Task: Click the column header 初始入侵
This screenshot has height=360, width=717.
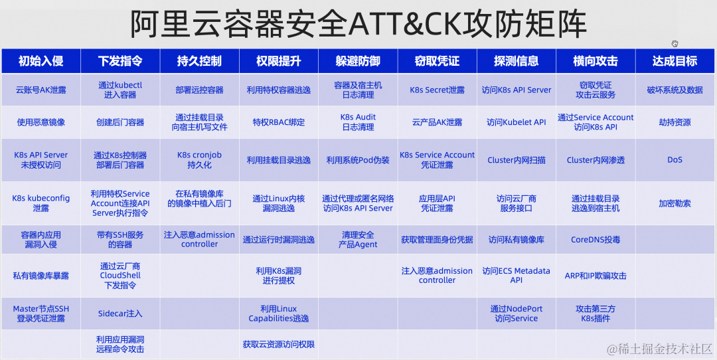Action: (x=40, y=61)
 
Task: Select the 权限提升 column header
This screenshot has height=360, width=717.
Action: (x=278, y=61)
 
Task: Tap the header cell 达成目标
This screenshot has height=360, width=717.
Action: (x=675, y=61)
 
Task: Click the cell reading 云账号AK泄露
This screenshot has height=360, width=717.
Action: (x=40, y=90)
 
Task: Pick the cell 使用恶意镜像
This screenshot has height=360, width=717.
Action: (x=40, y=122)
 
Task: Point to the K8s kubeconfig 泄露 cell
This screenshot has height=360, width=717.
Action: (x=40, y=203)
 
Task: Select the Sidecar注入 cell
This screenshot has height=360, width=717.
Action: (x=120, y=314)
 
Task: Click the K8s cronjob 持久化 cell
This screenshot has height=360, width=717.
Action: (x=199, y=159)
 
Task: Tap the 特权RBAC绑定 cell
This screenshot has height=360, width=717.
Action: (x=278, y=122)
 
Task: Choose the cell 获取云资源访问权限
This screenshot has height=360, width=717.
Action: (x=278, y=345)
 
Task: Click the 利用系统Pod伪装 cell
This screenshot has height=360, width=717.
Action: (x=358, y=160)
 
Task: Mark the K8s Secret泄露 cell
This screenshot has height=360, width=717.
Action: (x=437, y=90)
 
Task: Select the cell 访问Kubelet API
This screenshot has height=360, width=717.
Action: (x=516, y=122)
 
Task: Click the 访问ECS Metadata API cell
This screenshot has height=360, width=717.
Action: (x=516, y=276)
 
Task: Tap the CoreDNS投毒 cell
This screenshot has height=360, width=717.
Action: (x=596, y=240)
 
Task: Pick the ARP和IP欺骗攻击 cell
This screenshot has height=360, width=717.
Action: (x=596, y=276)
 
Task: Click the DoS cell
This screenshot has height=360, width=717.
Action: (x=675, y=160)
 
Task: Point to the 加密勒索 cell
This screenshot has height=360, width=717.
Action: (x=675, y=203)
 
